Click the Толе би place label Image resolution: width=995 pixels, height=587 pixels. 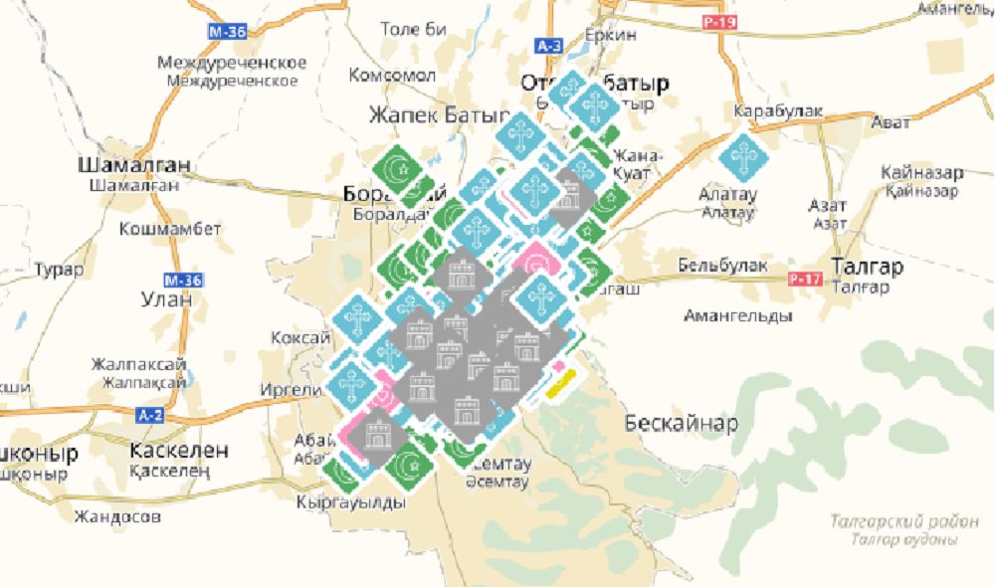pyautogui.click(x=414, y=29)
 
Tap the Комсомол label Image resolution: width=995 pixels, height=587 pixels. pyautogui.click(x=392, y=76)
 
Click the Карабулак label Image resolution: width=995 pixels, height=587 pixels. pyautogui.click(x=778, y=110)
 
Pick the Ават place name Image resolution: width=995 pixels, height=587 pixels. pyautogui.click(x=891, y=122)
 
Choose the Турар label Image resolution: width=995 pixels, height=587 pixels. pyautogui.click(x=54, y=270)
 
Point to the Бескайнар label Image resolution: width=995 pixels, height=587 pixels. pyautogui.click(x=682, y=424)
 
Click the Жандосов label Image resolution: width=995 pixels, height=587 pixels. pyautogui.click(x=117, y=516)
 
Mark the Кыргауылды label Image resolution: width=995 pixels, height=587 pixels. pyautogui.click(x=351, y=502)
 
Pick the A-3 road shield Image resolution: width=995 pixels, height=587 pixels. pyautogui.click(x=548, y=47)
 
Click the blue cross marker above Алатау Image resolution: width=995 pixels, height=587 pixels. pyautogui.click(x=742, y=157)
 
